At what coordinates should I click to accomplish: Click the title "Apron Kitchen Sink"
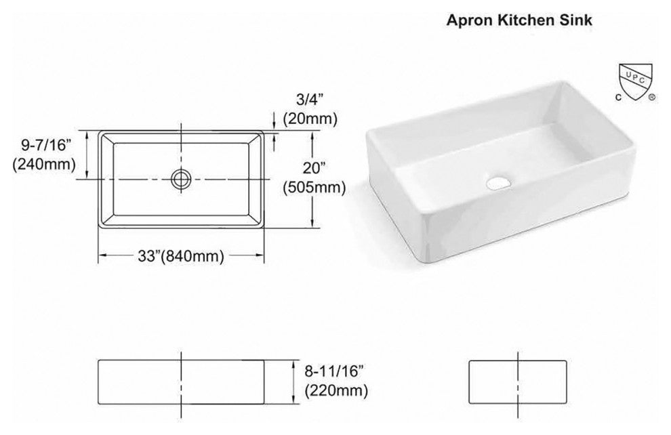click(x=519, y=20)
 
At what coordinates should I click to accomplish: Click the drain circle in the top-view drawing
click(x=181, y=178)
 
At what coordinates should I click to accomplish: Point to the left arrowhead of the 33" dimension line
click(x=104, y=255)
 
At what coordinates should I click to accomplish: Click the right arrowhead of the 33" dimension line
click(x=260, y=255)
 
